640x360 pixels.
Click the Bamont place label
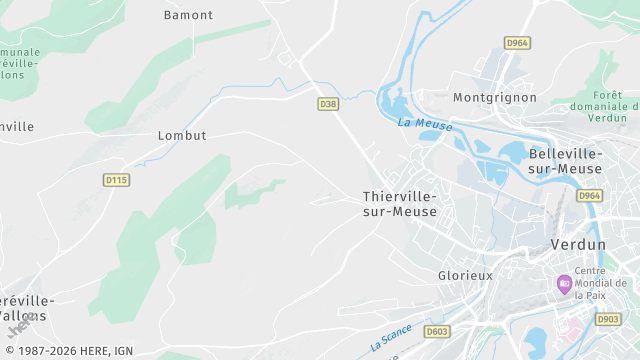(x=188, y=15)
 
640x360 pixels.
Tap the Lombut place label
(x=182, y=135)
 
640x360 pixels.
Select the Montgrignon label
(x=495, y=98)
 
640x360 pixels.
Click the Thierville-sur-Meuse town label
(x=400, y=204)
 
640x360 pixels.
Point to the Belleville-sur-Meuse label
(x=566, y=160)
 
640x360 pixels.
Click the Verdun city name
(x=578, y=245)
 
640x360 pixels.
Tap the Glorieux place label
(x=466, y=275)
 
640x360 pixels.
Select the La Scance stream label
(x=391, y=339)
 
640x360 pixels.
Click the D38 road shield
(x=328, y=104)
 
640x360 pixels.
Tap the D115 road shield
(x=116, y=180)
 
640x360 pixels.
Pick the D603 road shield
(x=436, y=331)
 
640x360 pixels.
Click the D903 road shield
(x=608, y=319)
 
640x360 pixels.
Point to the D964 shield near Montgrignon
(x=516, y=43)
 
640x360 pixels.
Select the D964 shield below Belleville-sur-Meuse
(x=590, y=196)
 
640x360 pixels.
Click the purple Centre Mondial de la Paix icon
(x=565, y=284)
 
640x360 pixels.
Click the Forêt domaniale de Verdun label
(x=604, y=105)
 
